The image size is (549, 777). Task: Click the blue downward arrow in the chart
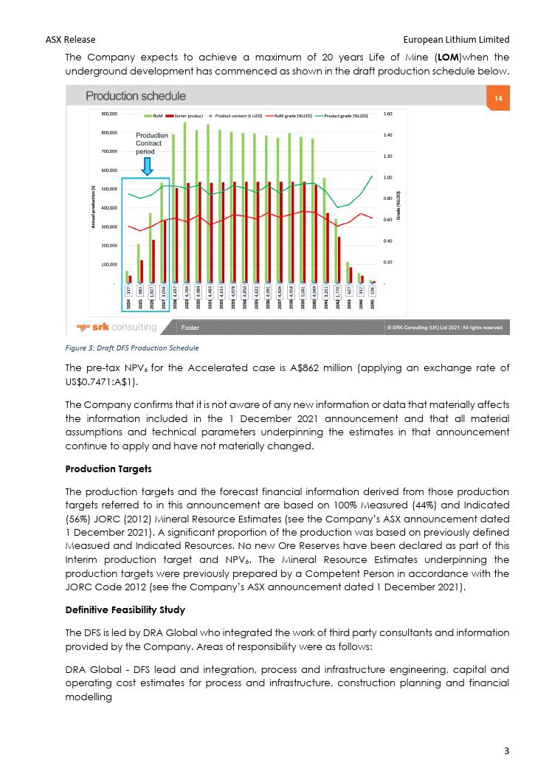(147, 166)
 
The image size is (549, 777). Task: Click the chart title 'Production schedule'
(136, 97)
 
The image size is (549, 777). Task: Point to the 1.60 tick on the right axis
(388, 114)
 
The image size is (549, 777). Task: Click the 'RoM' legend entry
(154, 116)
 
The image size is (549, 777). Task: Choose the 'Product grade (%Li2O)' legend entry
(348, 116)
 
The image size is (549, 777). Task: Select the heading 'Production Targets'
(101, 469)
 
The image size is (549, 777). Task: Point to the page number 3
(506, 751)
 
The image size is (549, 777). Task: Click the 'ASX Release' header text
(70, 39)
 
